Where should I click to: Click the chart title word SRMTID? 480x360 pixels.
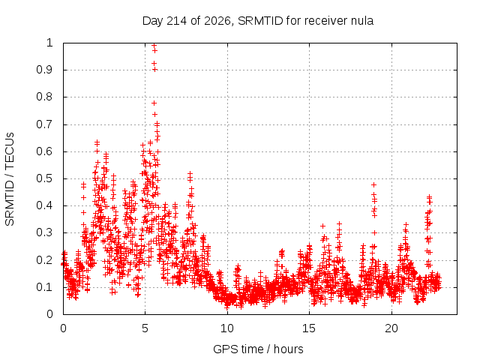260,21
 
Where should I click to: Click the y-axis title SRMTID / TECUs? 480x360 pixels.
10,179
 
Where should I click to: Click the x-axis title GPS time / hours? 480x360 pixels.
258,349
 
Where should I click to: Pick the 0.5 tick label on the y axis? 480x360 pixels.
44,178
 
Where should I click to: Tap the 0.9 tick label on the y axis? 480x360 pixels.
44,70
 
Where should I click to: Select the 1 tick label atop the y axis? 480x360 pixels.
49,43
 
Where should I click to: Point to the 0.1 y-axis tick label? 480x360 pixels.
44,287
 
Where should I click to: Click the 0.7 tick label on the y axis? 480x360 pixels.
44,124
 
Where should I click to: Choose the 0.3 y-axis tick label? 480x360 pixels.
44,232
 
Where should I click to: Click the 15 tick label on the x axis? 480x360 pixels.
309,328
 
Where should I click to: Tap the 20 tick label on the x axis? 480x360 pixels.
391,328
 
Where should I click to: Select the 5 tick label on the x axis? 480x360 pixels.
145,328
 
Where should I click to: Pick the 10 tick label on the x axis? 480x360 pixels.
226,328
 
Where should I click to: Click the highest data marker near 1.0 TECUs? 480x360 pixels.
154,45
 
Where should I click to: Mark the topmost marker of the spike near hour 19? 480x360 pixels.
373,185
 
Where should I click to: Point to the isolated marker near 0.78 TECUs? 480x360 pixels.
154,103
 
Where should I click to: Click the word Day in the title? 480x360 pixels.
152,21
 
